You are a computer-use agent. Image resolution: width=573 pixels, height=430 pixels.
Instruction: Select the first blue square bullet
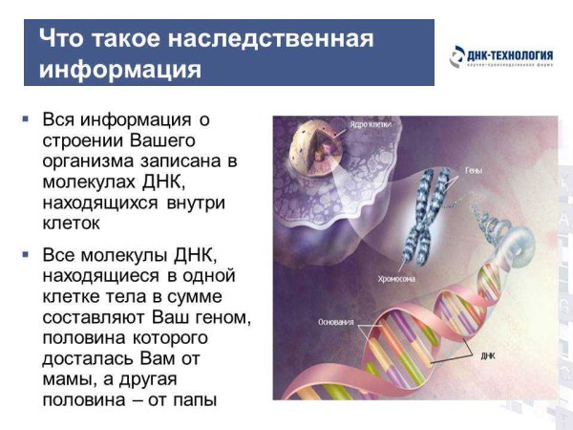point(26,119)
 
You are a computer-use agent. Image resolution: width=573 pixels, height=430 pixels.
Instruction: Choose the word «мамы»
point(68,379)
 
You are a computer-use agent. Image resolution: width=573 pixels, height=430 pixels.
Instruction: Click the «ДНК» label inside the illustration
point(488,355)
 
